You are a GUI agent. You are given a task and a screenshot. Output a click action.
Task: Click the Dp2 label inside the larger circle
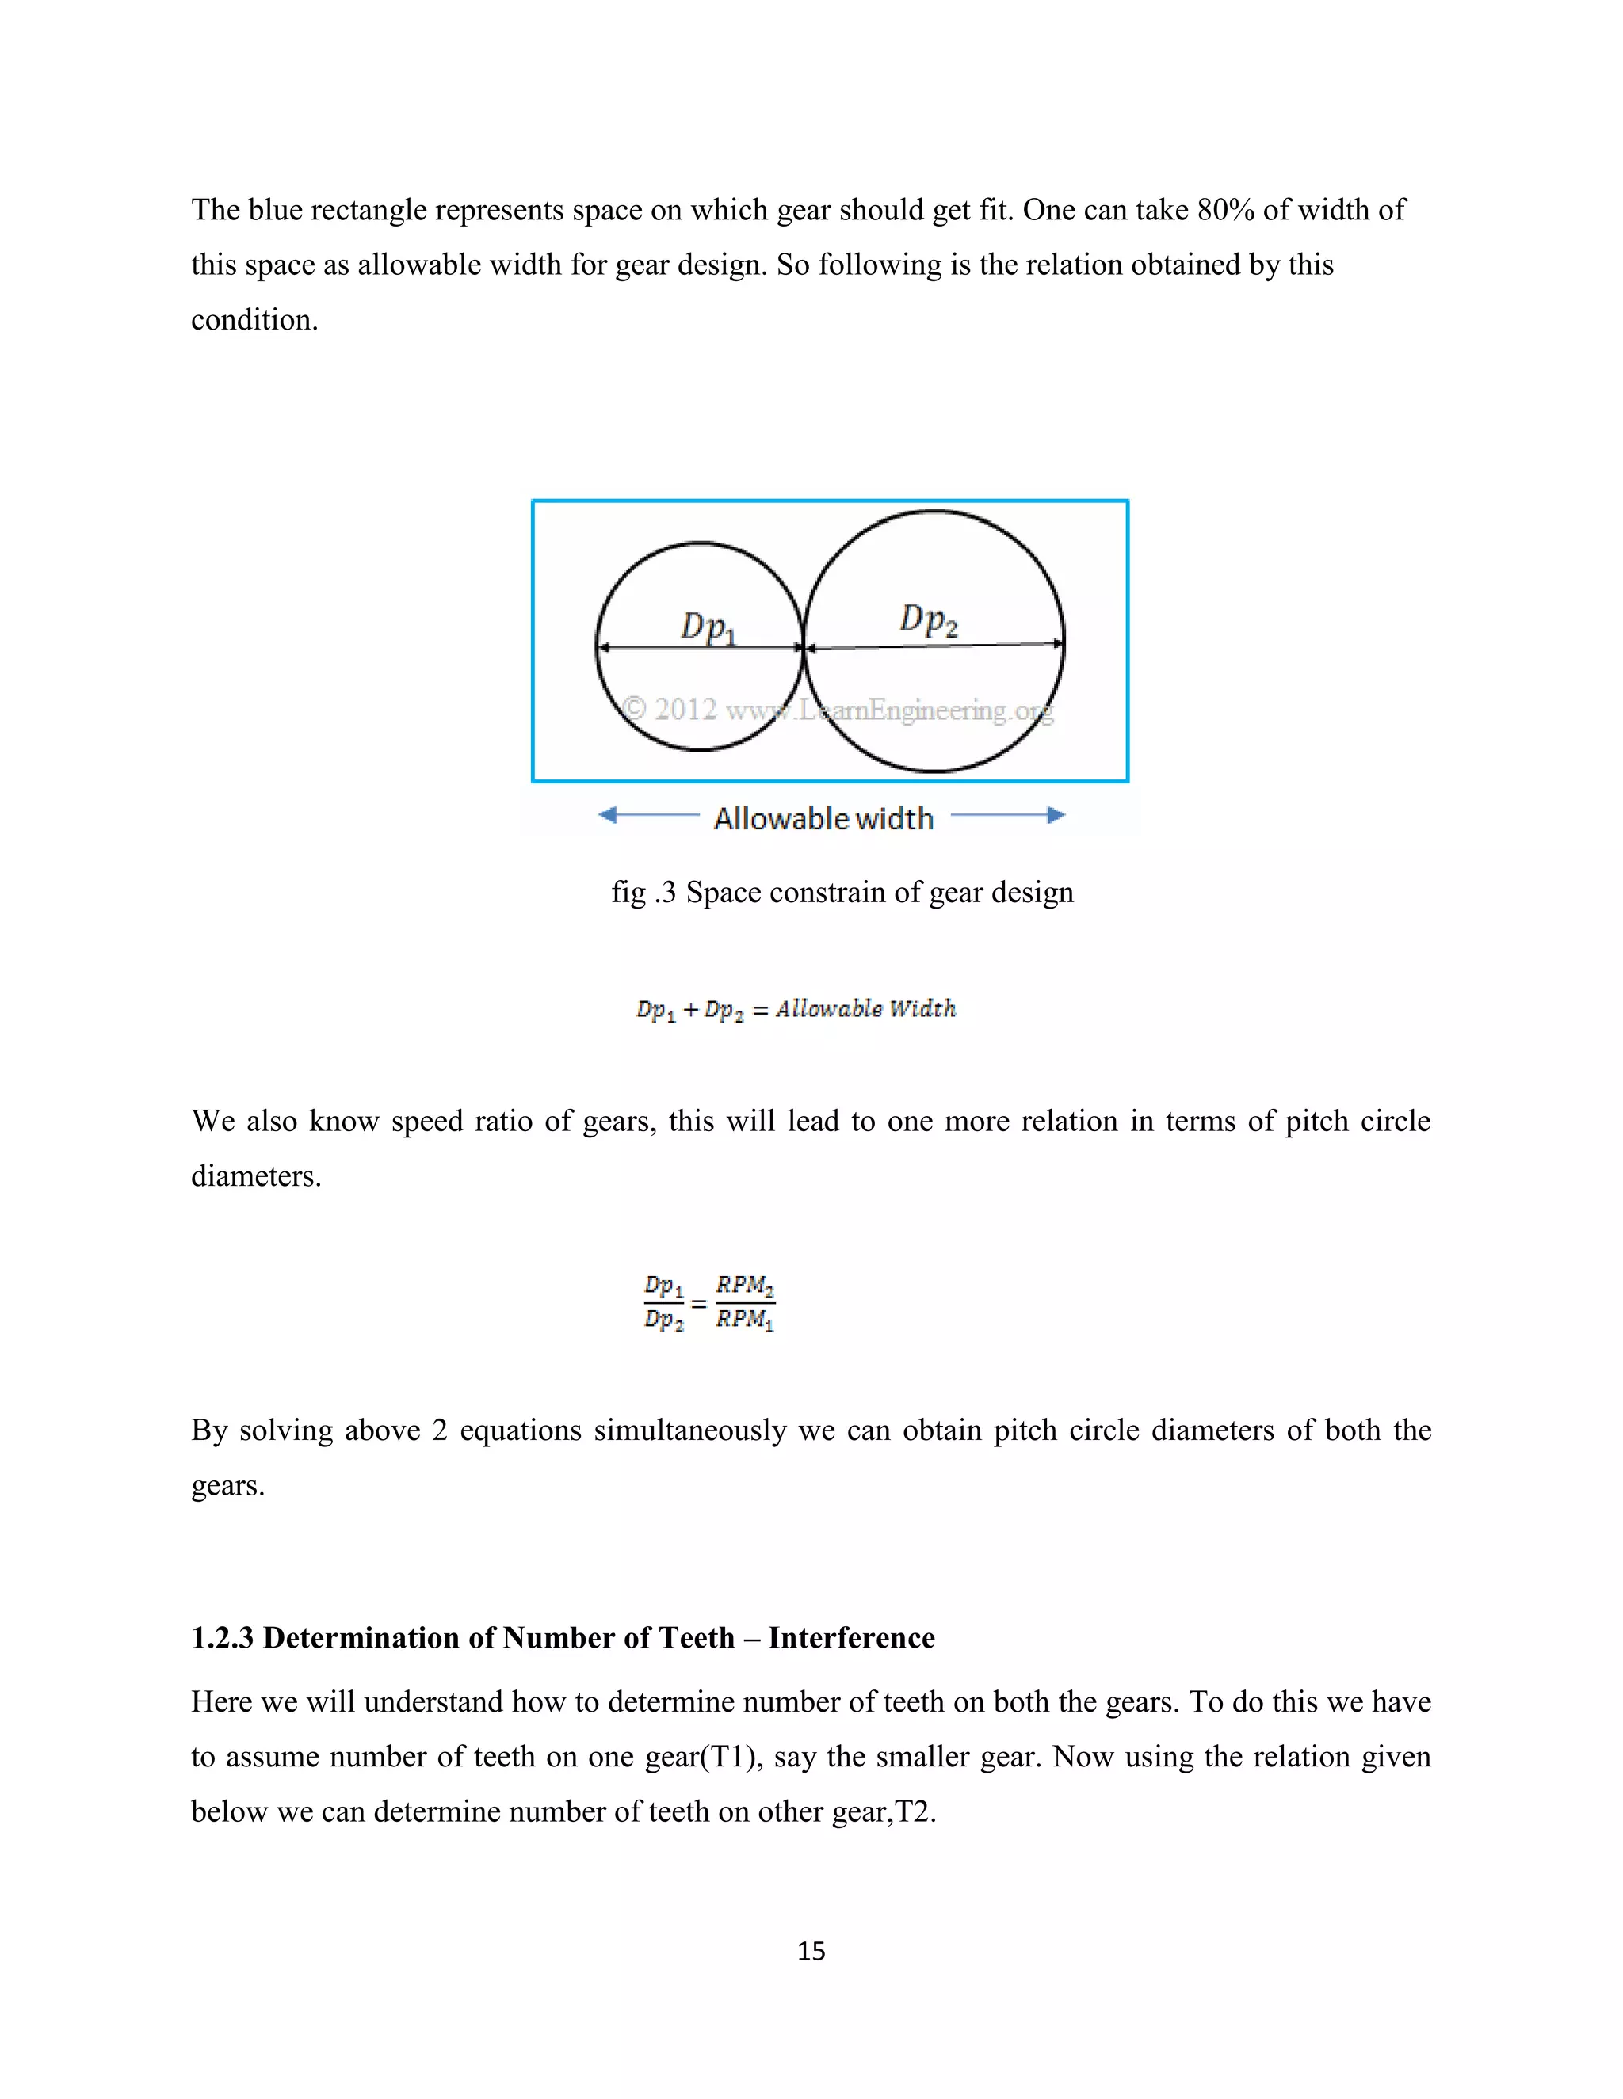pos(928,620)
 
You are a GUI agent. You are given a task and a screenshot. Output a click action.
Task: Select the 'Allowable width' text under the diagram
pos(823,819)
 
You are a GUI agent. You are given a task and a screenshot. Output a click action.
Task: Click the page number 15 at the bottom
pos(811,1951)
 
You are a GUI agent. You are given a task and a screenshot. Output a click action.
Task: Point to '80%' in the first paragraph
pos(1225,210)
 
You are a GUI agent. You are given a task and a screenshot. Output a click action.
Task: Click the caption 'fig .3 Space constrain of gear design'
pos(842,892)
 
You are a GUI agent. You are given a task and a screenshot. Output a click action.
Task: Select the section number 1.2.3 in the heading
pos(222,1638)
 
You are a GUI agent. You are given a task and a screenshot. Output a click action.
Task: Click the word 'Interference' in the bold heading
pos(851,1638)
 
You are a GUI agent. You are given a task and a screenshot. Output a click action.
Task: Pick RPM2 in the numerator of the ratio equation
pos(745,1286)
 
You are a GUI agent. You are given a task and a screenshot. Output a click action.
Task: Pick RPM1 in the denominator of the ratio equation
pos(745,1320)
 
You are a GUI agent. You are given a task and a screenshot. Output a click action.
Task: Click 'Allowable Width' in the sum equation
pos(865,1009)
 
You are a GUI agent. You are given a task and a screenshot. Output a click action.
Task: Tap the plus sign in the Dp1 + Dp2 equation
pos(690,1010)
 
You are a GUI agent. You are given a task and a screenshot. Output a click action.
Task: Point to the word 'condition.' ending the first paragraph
pos(254,320)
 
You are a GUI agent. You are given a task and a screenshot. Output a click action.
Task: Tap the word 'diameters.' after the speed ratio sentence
pos(256,1176)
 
